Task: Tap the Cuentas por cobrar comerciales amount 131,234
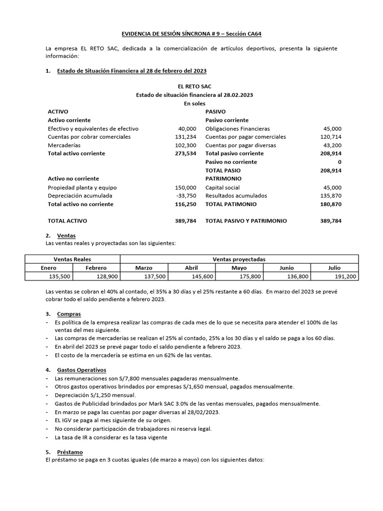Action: [x=186, y=137]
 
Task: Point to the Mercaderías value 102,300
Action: [x=186, y=145]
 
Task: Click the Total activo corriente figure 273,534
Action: [x=186, y=154]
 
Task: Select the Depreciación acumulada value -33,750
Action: [x=187, y=196]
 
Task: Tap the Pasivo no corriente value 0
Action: [x=339, y=162]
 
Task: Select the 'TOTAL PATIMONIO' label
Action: [x=231, y=204]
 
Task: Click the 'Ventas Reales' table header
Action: [x=73, y=259]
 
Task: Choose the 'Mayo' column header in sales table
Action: [x=239, y=268]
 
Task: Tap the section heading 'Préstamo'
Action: [x=67, y=452]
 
